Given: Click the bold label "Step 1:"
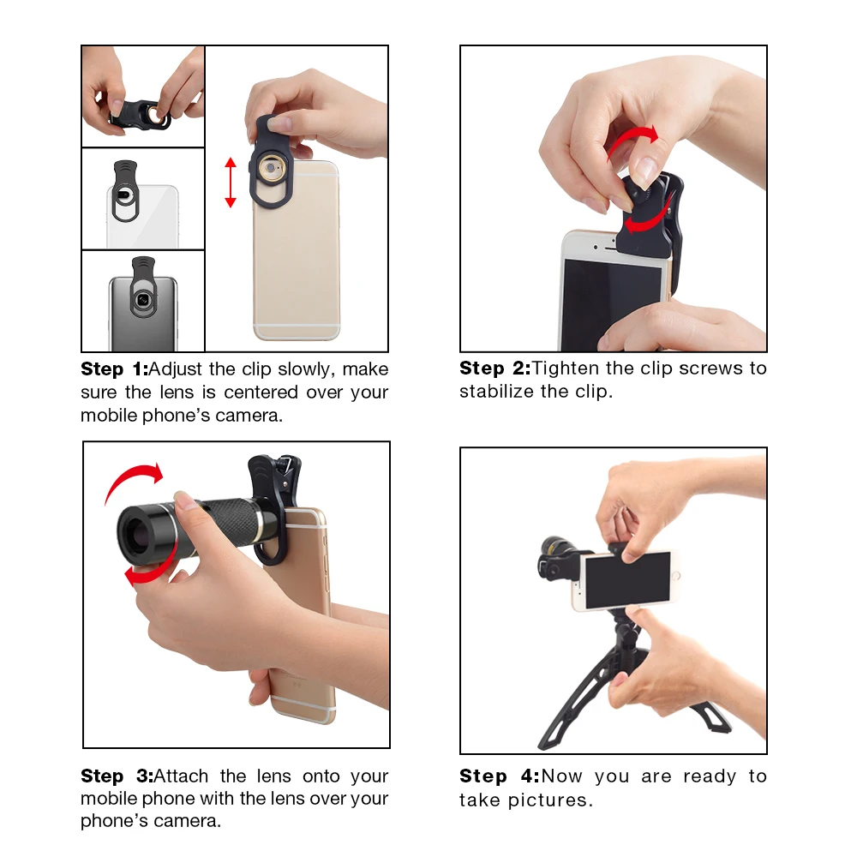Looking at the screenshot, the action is [x=114, y=369].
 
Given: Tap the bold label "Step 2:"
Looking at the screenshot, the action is [x=494, y=369].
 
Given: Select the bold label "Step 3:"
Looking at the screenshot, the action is [x=117, y=776].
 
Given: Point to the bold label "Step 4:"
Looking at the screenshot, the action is [x=500, y=776].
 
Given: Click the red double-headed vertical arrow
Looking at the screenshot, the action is [x=231, y=183].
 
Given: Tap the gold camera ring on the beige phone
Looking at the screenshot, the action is [x=271, y=168].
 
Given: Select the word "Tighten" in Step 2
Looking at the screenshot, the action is [x=565, y=369].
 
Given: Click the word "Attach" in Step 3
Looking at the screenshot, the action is [x=182, y=776].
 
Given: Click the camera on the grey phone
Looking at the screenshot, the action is [x=142, y=299].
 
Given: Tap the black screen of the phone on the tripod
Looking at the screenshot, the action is [x=627, y=580].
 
